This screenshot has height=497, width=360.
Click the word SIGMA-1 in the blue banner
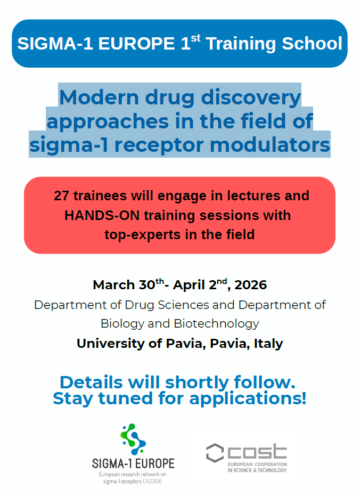55,44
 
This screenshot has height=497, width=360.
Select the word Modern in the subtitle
99,97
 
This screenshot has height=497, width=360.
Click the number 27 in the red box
61,195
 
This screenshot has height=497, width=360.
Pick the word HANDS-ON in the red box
102,216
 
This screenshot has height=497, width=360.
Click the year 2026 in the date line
251,285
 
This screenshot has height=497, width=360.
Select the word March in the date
114,285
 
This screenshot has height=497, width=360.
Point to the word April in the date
189,285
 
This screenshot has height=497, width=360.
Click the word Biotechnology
216,324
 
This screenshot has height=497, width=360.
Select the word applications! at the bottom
248,398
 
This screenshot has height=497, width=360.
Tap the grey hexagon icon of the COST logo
215,453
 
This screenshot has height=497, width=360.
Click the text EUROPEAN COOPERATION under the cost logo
257,465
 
